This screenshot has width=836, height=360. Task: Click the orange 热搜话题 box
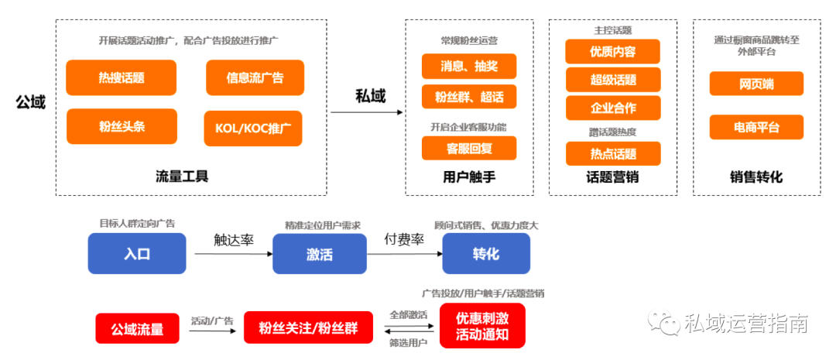coord(121,78)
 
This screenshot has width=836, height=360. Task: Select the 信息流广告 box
coord(255,78)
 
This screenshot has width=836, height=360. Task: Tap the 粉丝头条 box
coord(122,126)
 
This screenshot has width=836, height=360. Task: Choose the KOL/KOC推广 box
coord(253,129)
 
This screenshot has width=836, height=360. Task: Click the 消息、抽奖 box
coord(469,66)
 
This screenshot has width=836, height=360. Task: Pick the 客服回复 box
coord(469,149)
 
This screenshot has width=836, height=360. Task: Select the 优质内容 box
coord(613,51)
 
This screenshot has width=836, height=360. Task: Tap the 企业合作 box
coord(613,108)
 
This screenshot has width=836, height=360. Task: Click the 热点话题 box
coord(613,153)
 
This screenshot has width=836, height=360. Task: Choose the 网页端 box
coord(756,84)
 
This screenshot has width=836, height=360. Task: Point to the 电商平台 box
coord(756,128)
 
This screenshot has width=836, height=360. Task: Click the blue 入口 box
coord(137,253)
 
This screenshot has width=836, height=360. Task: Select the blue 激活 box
coord(320,254)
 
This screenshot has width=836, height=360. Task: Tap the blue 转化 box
coord(486,254)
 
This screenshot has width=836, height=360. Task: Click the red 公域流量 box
coord(138,328)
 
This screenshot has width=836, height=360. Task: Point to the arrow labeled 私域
coord(367,112)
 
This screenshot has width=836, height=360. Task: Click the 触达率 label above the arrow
coord(234,239)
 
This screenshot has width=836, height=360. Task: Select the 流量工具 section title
coord(183,176)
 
